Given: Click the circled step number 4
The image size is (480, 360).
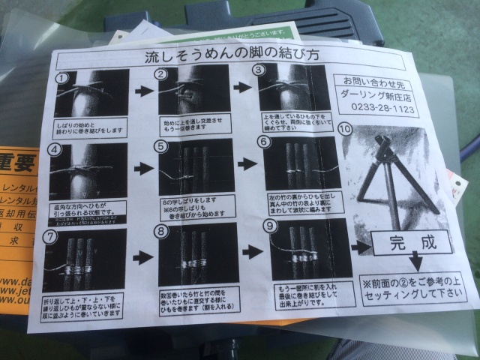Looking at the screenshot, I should click(54, 148).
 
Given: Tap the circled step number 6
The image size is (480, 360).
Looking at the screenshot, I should click(262, 141).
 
